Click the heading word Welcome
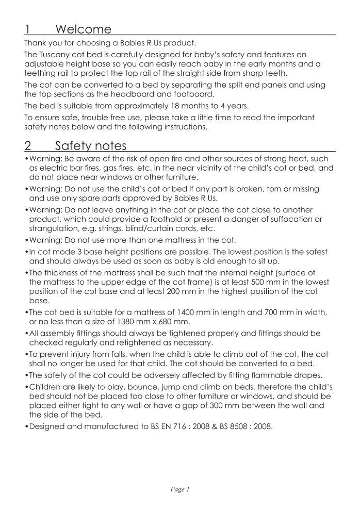coord(83,28)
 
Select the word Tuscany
coord(56,54)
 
